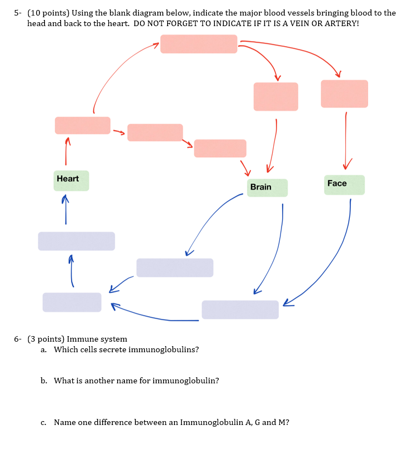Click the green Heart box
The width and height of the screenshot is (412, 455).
(x=71, y=181)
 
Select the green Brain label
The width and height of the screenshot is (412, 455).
(x=267, y=188)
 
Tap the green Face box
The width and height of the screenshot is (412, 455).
(x=344, y=184)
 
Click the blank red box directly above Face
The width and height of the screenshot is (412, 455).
(x=344, y=94)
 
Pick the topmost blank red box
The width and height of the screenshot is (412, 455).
(x=199, y=44)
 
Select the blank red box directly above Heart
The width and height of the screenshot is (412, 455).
(x=82, y=126)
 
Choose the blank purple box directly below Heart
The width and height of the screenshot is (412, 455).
(x=77, y=241)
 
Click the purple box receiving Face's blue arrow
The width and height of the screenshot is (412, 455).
(x=240, y=309)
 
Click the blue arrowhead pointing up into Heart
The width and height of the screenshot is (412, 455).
(x=66, y=198)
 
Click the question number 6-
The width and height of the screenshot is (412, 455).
(x=18, y=339)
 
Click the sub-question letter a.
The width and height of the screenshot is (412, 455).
(x=43, y=349)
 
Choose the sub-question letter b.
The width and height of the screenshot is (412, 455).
(x=43, y=381)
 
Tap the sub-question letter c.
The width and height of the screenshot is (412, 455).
(x=43, y=422)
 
